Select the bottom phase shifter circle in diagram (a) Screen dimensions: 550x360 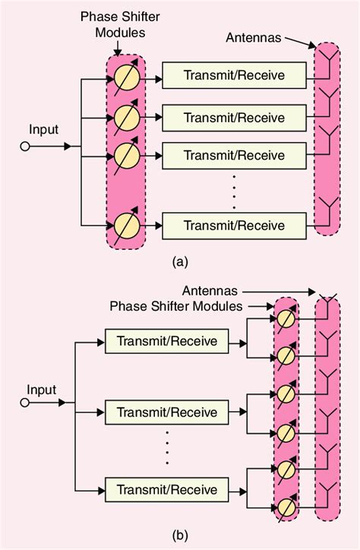125,225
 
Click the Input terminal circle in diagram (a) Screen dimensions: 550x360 24,146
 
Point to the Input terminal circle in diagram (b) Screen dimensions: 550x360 24,403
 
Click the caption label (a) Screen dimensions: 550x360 180,262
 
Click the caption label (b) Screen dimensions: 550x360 180,536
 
